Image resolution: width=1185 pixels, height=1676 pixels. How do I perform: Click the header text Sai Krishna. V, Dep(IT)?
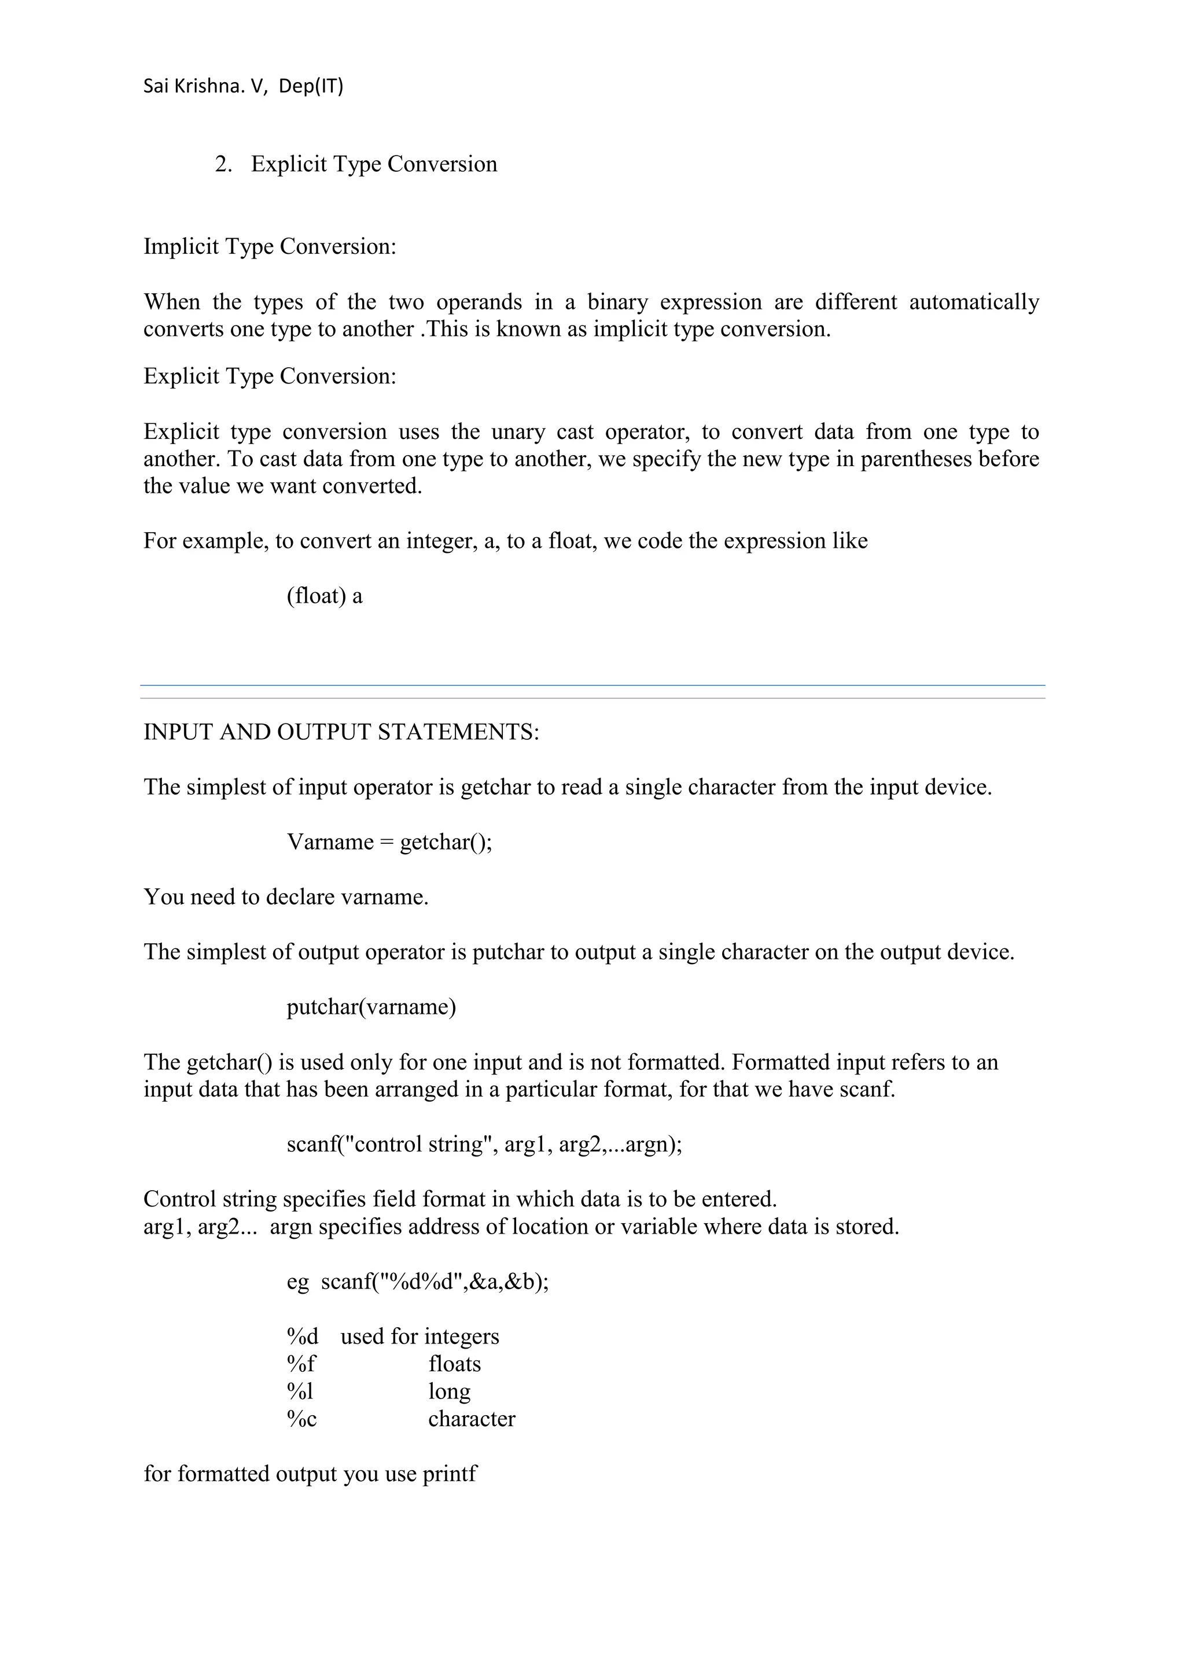click(243, 86)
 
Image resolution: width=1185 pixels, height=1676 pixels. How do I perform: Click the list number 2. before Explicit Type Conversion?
click(223, 164)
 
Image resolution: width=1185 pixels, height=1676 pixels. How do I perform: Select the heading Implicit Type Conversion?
click(270, 247)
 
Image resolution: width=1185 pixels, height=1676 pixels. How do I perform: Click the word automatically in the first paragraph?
click(973, 302)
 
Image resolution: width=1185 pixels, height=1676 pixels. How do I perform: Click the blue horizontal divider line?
click(592, 685)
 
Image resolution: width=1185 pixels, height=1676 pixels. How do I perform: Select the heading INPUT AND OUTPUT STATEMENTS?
click(341, 732)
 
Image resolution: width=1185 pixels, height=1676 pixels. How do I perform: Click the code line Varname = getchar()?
click(389, 843)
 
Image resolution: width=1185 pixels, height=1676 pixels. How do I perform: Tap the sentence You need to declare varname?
click(285, 897)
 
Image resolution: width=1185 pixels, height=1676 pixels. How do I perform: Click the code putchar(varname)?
click(371, 1007)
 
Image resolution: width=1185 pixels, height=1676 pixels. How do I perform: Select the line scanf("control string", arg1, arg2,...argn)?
click(484, 1144)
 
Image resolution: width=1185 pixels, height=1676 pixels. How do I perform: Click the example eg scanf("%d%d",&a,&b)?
click(417, 1282)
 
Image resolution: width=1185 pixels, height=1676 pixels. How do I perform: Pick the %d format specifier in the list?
click(302, 1337)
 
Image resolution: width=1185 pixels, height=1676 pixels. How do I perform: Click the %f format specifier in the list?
click(301, 1364)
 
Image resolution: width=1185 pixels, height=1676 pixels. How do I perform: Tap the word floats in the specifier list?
click(454, 1364)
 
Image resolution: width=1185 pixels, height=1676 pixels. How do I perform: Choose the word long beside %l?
click(449, 1392)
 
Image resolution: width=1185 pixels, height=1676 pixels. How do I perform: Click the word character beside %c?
click(471, 1419)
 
